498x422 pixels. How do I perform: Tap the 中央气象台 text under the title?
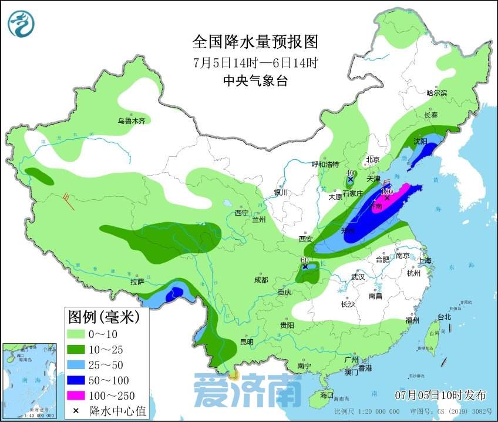(255, 82)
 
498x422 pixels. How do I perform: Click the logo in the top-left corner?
(21, 24)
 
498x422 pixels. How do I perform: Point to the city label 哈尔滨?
(436, 93)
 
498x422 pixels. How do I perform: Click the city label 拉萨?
(137, 282)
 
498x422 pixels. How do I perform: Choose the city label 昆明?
(247, 341)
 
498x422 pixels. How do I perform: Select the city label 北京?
(373, 159)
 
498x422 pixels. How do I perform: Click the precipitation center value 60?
(304, 260)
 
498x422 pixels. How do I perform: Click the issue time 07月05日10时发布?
(440, 393)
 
